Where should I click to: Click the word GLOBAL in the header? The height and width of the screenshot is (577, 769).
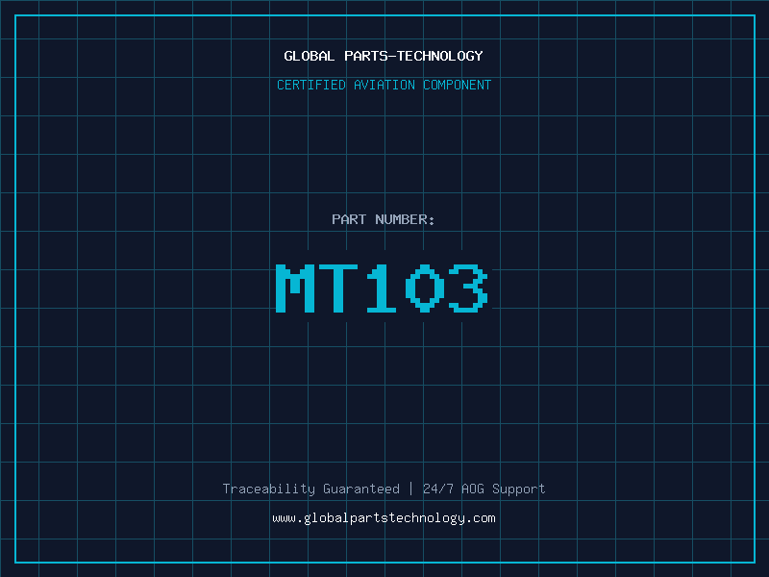coord(308,56)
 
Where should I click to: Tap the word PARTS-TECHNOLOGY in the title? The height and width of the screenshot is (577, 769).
coord(413,56)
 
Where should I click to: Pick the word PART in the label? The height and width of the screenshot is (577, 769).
coord(349,219)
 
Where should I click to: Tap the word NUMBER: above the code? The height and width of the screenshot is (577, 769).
coord(406,219)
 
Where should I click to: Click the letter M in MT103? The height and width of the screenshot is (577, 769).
coord(296,288)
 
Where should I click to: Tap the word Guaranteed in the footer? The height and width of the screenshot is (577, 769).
coord(361,489)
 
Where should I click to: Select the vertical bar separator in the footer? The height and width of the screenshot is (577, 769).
coord(411,489)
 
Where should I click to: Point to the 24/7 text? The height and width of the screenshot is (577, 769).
coord(438,489)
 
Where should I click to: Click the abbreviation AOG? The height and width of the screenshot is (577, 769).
coord(473,489)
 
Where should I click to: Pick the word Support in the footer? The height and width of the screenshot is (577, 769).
coord(519,489)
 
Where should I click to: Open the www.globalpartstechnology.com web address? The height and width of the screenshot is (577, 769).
coord(384,518)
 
